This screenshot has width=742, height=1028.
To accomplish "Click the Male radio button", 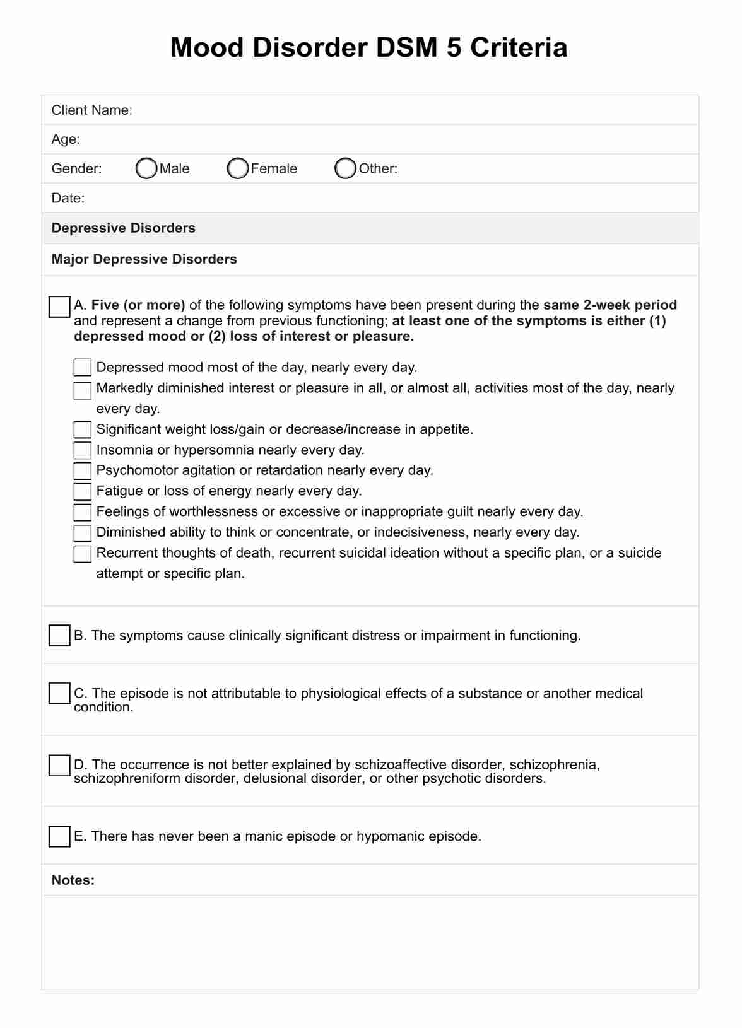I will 146,168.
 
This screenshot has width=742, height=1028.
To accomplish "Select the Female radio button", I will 238,168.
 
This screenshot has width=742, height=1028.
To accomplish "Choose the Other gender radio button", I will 346,168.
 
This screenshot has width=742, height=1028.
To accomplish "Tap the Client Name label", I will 91,110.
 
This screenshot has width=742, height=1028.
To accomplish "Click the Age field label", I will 66,139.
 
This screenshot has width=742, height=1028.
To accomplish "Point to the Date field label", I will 68,198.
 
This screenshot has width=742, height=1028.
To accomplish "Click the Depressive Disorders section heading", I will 124,228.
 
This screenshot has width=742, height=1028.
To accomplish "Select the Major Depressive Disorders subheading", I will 144,259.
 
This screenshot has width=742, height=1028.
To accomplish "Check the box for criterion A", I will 59,307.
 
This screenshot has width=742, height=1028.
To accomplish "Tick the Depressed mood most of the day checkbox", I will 83,367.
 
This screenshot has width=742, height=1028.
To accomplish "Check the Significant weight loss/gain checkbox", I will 83,429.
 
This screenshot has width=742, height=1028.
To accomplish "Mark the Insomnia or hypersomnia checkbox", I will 83,450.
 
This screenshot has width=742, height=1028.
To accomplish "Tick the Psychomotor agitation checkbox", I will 83,470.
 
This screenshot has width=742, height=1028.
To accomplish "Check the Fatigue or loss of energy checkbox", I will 83,491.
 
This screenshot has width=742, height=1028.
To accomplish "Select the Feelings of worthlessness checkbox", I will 83,511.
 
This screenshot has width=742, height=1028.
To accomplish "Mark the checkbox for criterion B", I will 59,636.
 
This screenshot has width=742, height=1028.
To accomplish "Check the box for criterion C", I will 59,693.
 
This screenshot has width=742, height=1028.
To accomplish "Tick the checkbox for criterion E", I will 59,836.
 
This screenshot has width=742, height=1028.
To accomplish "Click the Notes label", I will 73,880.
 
